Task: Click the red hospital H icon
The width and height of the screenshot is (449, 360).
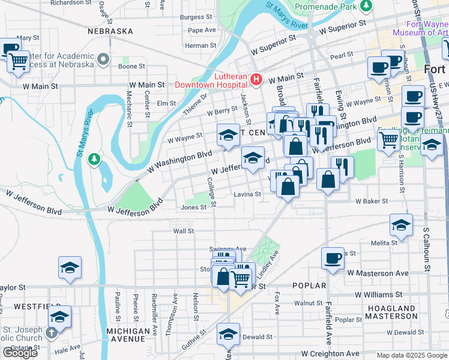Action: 257,79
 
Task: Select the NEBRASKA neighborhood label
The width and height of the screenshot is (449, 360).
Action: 110,31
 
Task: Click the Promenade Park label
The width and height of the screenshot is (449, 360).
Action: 326,8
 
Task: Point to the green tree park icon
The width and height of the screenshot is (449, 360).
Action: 92,159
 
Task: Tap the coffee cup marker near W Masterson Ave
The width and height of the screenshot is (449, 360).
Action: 333,258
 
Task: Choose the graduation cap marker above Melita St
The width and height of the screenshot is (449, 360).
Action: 401,224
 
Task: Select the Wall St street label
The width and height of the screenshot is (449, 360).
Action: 183,230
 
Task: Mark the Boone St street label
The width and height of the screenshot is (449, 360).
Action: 131,66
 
